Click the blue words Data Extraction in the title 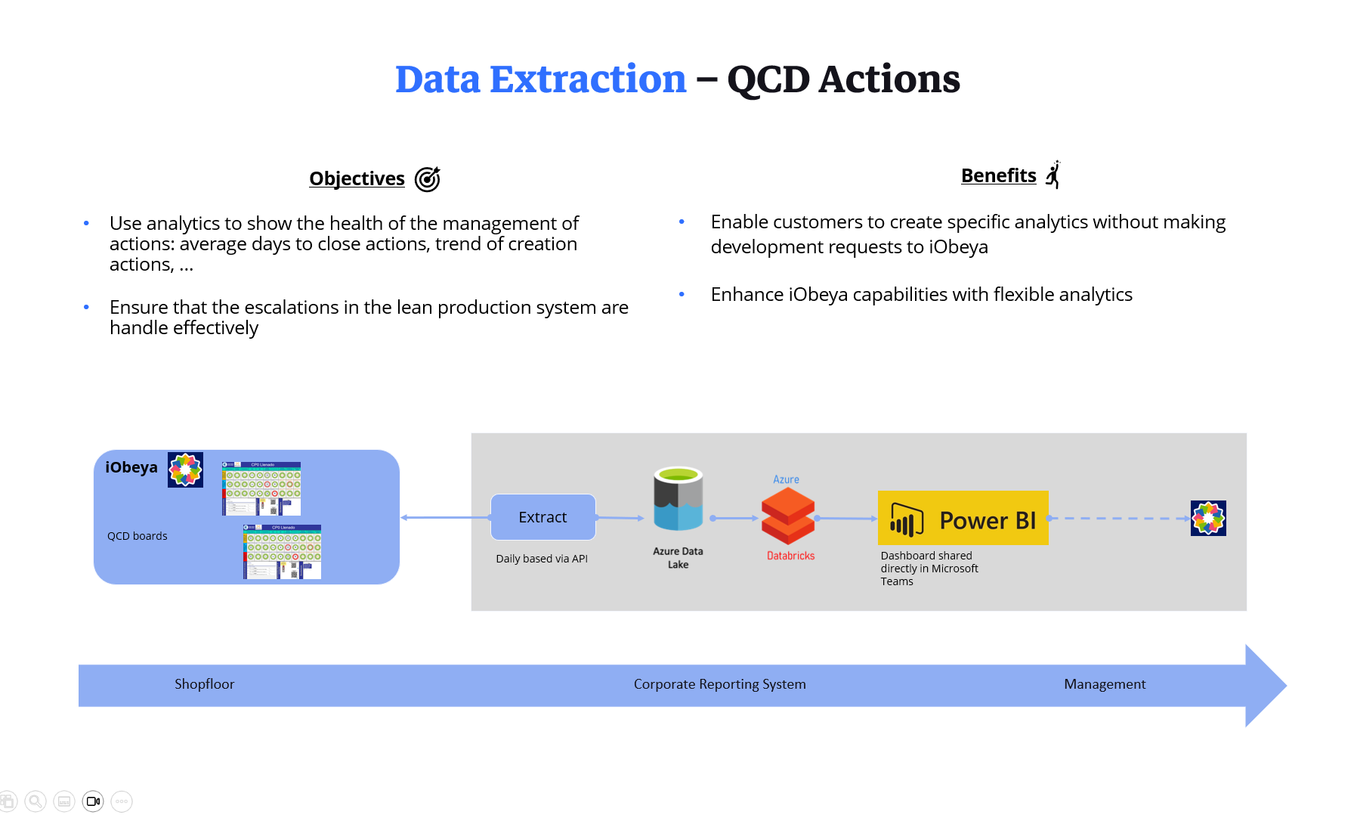point(540,79)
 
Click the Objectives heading point(357,178)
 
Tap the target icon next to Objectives point(428,179)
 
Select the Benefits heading point(998,175)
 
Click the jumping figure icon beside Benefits point(1053,175)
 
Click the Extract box point(542,517)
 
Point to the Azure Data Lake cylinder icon point(678,499)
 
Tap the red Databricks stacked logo point(788,516)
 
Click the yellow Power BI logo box point(963,519)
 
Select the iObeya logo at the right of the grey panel point(1207,519)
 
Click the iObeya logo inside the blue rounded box point(185,470)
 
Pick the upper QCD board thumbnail point(261,488)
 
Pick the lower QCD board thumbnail point(282,552)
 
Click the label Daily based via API point(541,559)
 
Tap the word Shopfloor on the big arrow point(204,684)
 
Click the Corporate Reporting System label point(719,684)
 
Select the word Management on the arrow point(1104,684)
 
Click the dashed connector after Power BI point(1118,519)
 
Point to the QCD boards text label point(137,536)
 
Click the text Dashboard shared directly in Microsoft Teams point(929,569)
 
